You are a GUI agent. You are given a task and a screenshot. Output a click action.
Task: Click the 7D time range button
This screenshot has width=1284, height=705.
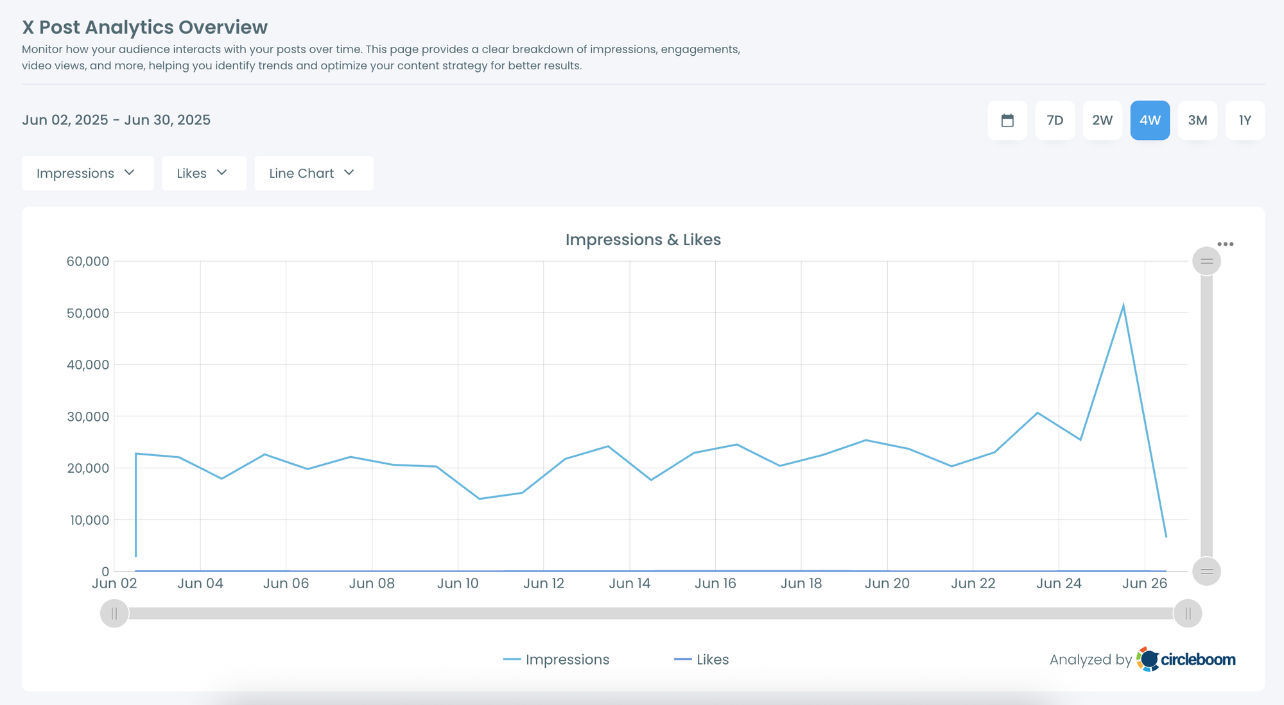click(x=1055, y=121)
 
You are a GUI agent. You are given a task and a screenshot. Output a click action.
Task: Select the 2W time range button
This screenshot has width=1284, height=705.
click(x=1102, y=121)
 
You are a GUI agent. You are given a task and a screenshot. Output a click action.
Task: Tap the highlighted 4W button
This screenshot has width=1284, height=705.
click(x=1150, y=121)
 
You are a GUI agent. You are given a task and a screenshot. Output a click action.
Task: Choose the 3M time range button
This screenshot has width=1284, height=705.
click(x=1197, y=121)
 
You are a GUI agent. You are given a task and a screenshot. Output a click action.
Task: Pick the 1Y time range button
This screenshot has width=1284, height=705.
click(x=1245, y=121)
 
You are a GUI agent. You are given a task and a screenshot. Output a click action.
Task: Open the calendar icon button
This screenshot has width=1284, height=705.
click(x=1007, y=121)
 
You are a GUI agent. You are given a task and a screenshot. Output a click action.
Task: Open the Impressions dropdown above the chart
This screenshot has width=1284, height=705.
click(x=87, y=173)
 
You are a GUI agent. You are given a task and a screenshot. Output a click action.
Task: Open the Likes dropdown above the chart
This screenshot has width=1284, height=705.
click(x=204, y=173)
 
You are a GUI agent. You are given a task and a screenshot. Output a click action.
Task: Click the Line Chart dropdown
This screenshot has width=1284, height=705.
click(x=313, y=173)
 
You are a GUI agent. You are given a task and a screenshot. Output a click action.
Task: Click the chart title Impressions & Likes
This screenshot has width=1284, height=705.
click(x=643, y=240)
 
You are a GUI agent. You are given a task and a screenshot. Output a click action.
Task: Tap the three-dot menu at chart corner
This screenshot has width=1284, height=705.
click(x=1225, y=244)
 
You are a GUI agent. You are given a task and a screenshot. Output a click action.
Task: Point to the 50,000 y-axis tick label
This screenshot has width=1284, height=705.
click(x=88, y=313)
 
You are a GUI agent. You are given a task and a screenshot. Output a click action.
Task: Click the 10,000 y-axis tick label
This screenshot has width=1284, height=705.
click(x=89, y=520)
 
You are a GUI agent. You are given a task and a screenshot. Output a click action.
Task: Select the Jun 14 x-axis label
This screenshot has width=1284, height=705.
click(x=629, y=584)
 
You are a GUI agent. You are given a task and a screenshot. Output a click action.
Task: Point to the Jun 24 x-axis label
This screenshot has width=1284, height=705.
click(x=1059, y=584)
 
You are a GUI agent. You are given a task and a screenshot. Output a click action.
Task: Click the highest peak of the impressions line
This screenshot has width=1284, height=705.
click(x=1123, y=305)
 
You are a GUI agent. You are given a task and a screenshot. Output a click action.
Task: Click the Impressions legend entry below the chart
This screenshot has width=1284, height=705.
click(x=557, y=659)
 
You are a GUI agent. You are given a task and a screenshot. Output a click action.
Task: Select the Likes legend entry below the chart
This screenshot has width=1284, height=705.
click(x=702, y=659)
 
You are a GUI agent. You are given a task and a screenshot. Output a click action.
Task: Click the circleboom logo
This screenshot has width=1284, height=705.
click(x=1186, y=659)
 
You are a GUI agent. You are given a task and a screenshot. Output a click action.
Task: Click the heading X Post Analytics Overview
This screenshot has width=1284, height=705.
click(x=144, y=28)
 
